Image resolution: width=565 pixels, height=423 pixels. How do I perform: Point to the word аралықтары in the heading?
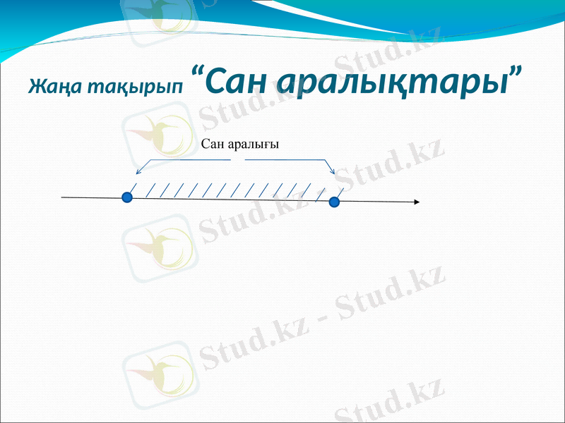[392, 83]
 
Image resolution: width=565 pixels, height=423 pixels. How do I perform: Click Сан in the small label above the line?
[213, 144]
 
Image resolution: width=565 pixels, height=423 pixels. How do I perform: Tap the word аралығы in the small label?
[254, 145]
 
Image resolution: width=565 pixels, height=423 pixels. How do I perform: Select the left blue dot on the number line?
[127, 197]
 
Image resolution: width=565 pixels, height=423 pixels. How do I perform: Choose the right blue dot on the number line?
[334, 202]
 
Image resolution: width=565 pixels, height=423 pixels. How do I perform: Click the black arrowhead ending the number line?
[417, 202]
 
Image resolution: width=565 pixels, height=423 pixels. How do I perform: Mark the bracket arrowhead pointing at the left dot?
[138, 171]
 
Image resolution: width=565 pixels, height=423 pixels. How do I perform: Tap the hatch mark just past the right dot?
[341, 191]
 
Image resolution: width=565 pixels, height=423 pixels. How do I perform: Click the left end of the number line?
[63, 197]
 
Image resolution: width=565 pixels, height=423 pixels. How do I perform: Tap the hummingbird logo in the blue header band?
[158, 15]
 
